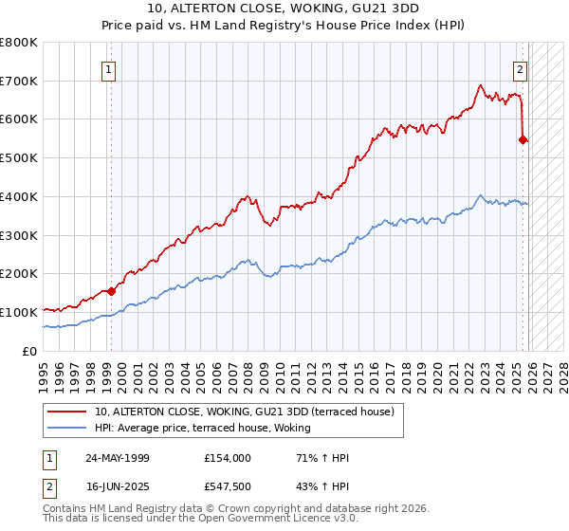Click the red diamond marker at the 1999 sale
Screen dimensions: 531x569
click(x=112, y=291)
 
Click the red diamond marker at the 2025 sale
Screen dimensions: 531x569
click(x=523, y=140)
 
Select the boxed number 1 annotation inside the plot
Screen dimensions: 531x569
click(x=110, y=68)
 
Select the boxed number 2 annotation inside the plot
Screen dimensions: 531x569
click(x=521, y=68)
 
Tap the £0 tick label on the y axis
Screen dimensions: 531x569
click(x=30, y=351)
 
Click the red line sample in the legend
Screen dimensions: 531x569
click(x=68, y=412)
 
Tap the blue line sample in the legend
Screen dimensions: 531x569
click(x=68, y=428)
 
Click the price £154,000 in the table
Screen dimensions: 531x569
click(x=227, y=458)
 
